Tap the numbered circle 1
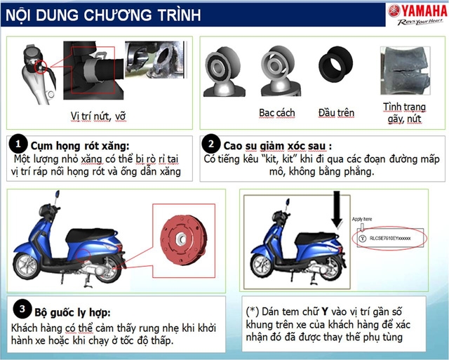click(20, 143)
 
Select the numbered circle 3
click(22, 309)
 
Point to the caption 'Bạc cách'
click(276, 112)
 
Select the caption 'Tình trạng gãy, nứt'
click(403, 113)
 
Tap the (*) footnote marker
click(253, 309)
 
